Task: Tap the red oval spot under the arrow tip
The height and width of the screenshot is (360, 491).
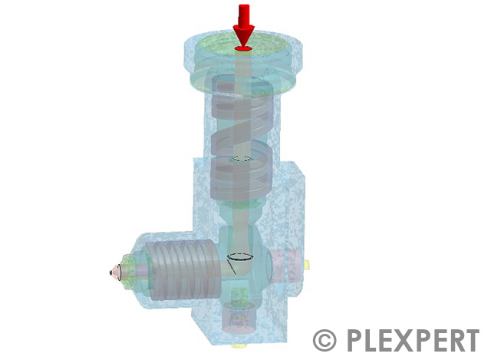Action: tap(243, 49)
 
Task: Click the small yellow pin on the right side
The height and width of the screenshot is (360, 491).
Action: tap(308, 265)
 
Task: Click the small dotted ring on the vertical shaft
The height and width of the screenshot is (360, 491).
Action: tap(243, 159)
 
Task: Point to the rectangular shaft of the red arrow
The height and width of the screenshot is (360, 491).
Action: tap(244, 15)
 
